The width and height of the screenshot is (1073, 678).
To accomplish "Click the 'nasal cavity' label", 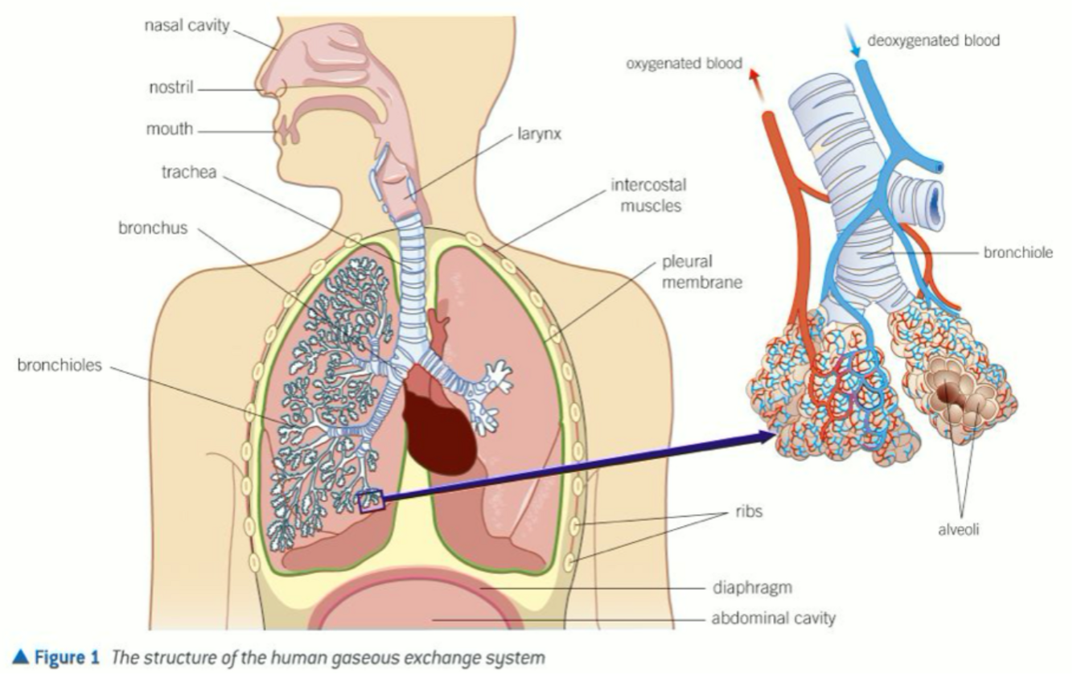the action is tap(187, 26).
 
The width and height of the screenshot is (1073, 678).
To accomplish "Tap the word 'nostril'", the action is tap(171, 87).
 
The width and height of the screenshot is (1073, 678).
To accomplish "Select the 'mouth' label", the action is tap(170, 129).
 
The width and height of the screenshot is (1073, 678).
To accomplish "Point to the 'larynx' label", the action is tap(536, 134).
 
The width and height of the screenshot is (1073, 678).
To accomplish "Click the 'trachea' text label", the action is tap(188, 172).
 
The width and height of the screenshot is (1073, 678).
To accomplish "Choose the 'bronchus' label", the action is tap(152, 228).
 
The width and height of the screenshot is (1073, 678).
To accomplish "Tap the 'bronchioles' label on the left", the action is tap(60, 366).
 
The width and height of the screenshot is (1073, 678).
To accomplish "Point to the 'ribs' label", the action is tap(749, 512).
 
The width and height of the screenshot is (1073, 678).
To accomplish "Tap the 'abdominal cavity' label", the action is tap(773, 618).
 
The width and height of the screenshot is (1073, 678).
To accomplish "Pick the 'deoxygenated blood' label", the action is tap(934, 40).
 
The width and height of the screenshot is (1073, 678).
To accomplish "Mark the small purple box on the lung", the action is tap(372, 502).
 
